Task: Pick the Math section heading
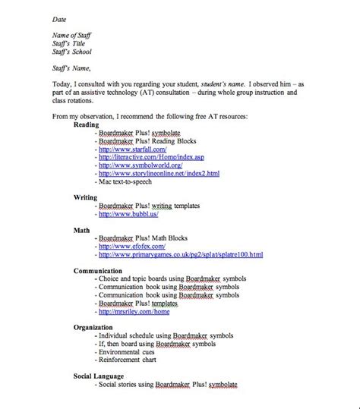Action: click(83, 228)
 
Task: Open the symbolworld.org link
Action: click(142, 165)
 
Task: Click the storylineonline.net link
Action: click(159, 174)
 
